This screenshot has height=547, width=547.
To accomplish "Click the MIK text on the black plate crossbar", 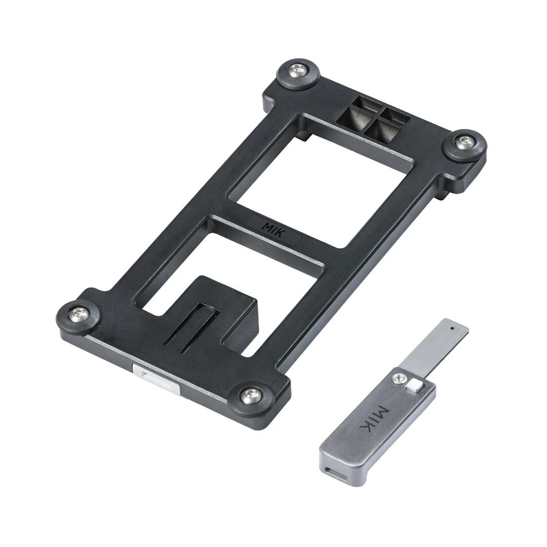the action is pos(273,230).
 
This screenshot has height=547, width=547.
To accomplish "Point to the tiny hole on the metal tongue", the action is pos(452,328).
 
